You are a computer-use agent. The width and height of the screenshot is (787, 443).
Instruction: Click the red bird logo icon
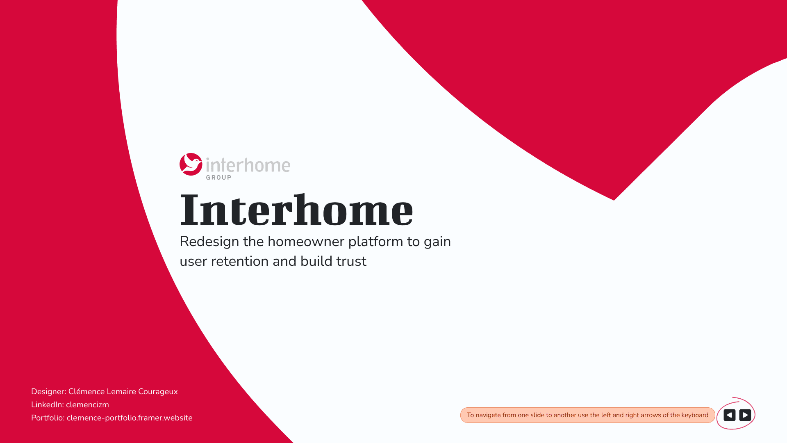(191, 164)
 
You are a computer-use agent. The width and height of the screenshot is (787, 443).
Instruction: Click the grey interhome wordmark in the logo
(248, 165)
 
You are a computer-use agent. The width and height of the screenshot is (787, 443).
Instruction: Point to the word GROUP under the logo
(218, 178)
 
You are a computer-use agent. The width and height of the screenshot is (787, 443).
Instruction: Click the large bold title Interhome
(296, 210)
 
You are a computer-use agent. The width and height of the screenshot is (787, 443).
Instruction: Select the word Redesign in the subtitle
(209, 242)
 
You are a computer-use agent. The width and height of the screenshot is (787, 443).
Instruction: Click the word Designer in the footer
(48, 392)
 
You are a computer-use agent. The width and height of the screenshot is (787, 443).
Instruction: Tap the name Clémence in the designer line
(86, 391)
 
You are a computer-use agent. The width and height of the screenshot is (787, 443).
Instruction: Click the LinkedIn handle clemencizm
(87, 404)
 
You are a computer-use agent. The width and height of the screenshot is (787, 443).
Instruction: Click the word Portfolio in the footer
(48, 418)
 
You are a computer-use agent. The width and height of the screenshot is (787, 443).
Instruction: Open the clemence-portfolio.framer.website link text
(130, 418)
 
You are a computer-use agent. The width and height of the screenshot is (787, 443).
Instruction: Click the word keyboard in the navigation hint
(694, 415)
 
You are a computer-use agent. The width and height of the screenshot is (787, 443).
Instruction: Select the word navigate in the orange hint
(488, 415)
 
